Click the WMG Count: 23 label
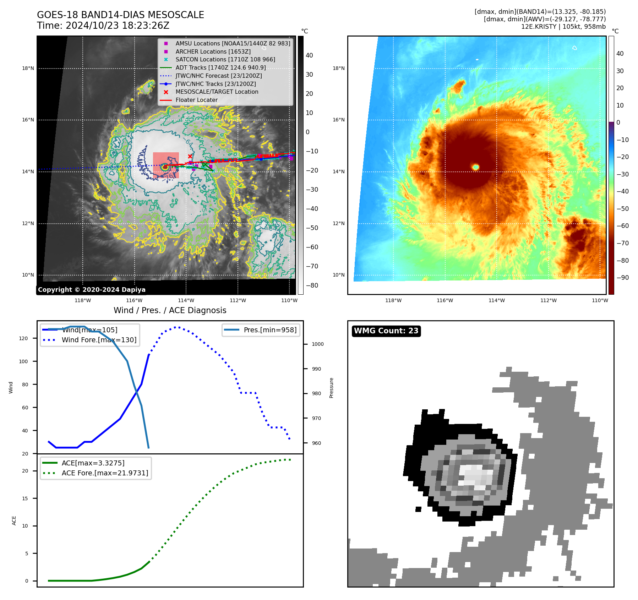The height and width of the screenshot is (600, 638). tap(386, 331)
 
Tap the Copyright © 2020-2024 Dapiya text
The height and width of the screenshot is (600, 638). tap(92, 290)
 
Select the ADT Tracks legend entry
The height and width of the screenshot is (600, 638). tap(220, 67)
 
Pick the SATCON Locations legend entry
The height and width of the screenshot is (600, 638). tap(225, 59)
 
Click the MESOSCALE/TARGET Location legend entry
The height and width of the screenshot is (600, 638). tap(217, 92)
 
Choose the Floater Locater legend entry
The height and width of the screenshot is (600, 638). tap(196, 100)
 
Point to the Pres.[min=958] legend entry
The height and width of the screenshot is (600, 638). tap(270, 330)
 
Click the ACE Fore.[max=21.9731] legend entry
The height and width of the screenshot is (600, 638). tap(105, 473)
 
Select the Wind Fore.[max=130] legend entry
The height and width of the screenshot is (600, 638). tap(99, 340)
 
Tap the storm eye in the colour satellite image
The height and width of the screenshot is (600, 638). tap(476, 167)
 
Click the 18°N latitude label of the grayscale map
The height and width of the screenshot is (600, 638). tap(28, 68)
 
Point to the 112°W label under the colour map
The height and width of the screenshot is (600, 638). tap(548, 300)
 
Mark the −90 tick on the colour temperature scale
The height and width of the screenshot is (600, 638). tap(622, 278)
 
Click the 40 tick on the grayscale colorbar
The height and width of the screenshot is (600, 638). tap(309, 55)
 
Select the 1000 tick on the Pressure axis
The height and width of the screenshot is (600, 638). tap(317, 344)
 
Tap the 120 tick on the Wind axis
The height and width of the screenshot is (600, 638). tap(23, 338)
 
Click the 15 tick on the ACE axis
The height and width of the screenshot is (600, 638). tap(25, 498)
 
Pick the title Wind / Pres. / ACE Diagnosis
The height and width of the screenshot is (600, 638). tap(170, 310)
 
